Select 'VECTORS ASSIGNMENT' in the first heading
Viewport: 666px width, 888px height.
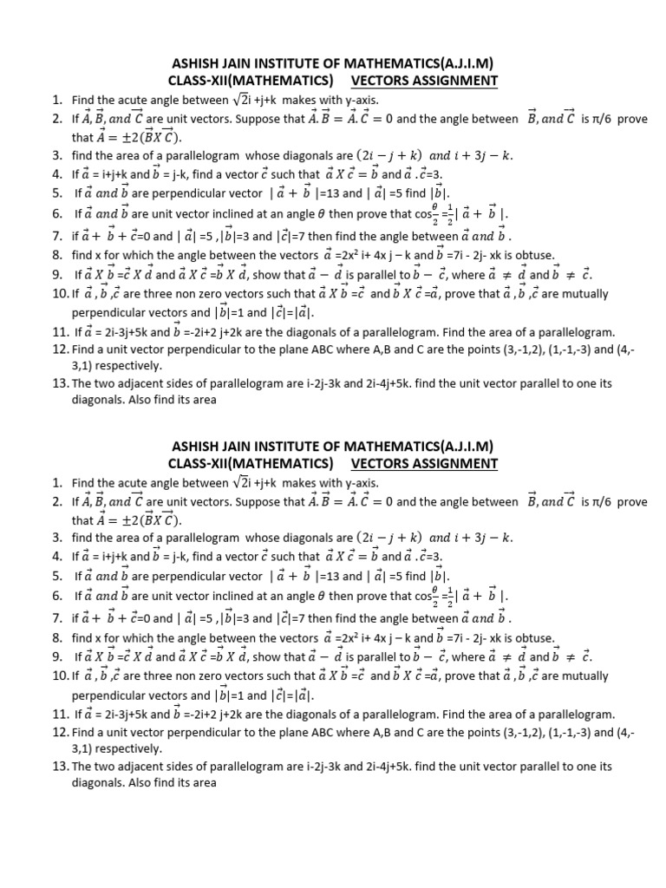pos(424,82)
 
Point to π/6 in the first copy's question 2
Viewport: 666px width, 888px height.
pos(604,119)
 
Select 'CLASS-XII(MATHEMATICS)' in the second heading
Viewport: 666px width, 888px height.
pos(251,463)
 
